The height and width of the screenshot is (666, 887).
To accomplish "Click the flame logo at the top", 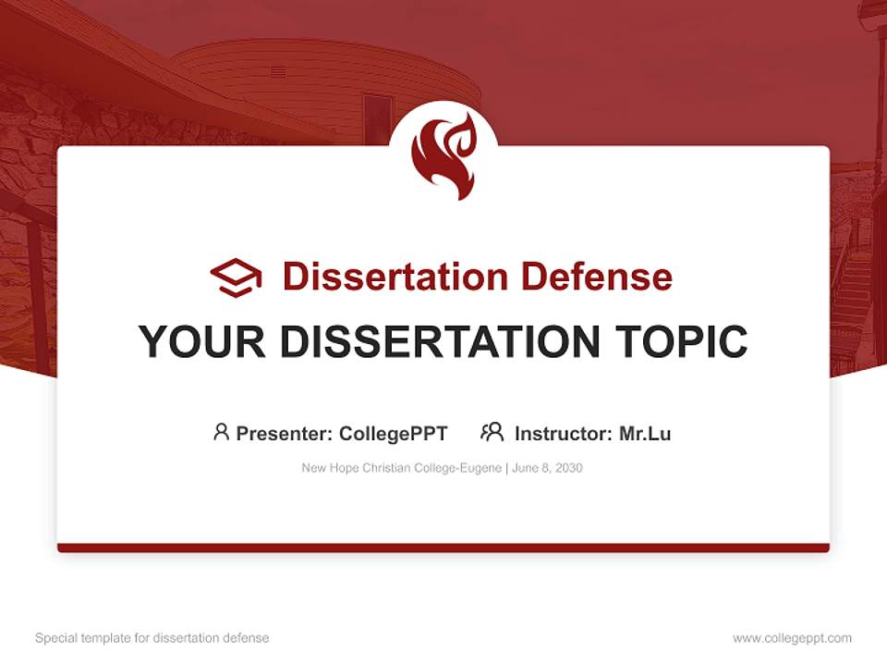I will (x=443, y=155).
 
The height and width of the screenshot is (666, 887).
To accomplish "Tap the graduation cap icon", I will (x=236, y=277).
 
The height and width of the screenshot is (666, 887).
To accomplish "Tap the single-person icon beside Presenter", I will (x=221, y=432).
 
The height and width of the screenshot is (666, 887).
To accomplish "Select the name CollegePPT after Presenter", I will (x=393, y=433).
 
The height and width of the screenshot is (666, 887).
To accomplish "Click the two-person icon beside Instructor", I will (x=492, y=432).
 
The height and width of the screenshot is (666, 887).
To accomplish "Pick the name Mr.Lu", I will (x=645, y=433).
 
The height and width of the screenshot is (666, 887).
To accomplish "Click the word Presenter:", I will (x=285, y=433).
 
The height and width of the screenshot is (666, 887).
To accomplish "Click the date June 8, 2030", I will (x=547, y=468).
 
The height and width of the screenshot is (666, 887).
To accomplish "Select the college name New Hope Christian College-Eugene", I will (x=401, y=468).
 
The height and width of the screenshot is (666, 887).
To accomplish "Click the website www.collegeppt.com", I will (x=792, y=638).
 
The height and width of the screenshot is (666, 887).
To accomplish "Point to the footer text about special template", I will (x=152, y=638).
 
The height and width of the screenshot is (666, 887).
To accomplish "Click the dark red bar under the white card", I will (x=443, y=548).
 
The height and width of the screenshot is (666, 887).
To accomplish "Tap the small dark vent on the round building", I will (x=277, y=71).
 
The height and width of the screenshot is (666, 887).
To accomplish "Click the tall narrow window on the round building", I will (x=377, y=118).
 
